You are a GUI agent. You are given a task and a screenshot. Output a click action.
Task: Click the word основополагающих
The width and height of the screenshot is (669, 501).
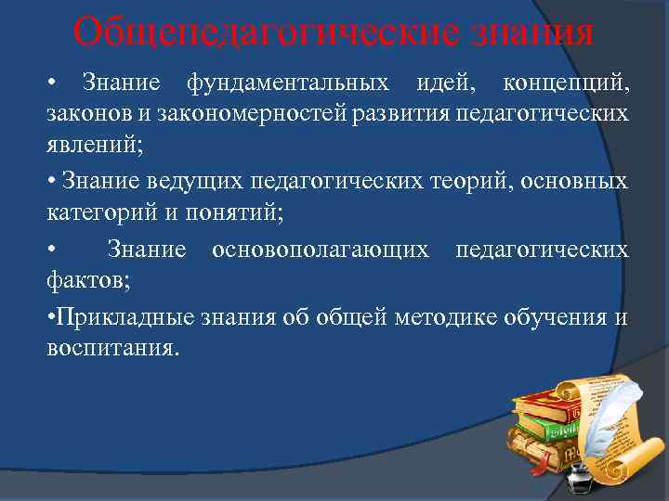coord(320,249)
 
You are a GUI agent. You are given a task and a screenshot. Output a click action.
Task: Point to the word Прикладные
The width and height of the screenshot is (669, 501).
coord(120,317)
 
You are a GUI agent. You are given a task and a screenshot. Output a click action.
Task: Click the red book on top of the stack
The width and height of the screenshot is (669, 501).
coord(548,406)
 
